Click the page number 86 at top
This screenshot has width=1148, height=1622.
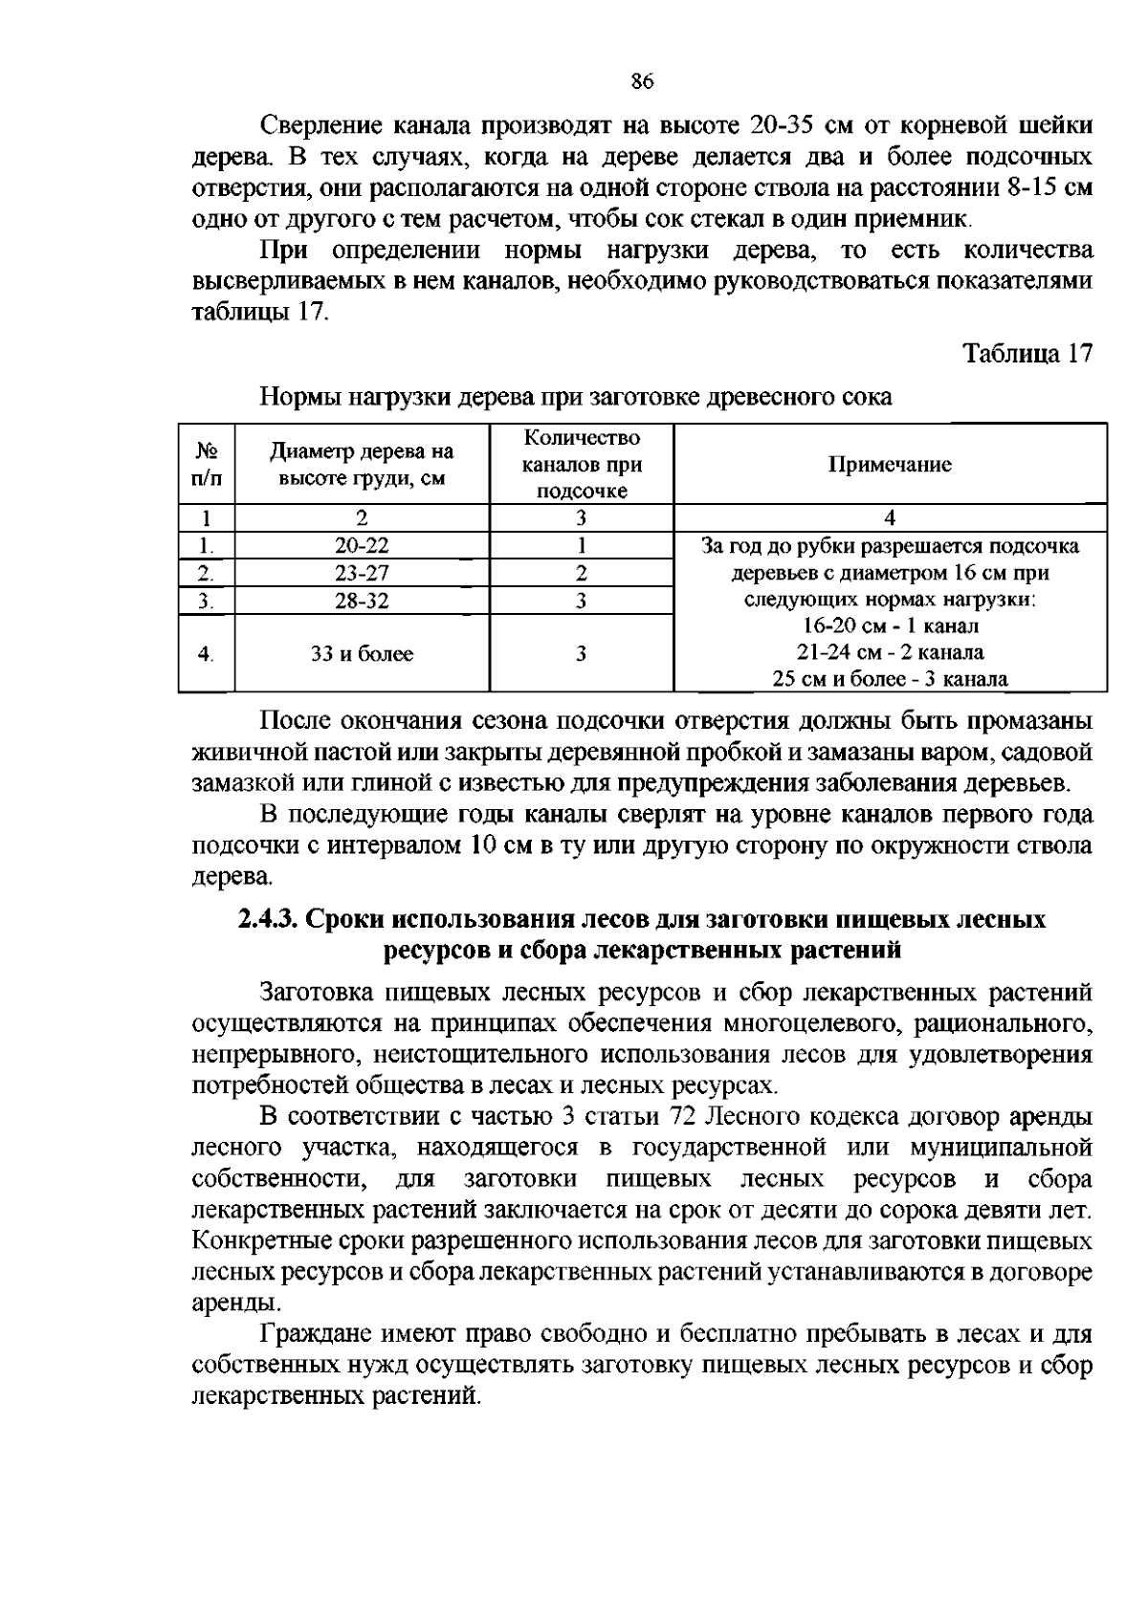[x=641, y=82]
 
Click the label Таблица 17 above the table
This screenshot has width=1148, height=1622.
[x=1027, y=353]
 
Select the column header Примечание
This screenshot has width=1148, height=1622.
[x=890, y=465]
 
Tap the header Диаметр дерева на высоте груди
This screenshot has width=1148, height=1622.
[x=362, y=465]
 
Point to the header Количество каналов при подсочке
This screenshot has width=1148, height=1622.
[x=581, y=465]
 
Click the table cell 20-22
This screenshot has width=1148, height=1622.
[x=362, y=546]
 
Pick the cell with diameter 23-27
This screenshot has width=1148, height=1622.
[x=362, y=574]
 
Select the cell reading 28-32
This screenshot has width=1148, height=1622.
[x=362, y=601]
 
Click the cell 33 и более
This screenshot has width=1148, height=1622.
[x=362, y=654]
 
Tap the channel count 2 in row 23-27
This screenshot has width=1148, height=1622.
[x=581, y=574]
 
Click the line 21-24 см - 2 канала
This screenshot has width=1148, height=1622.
[x=890, y=653]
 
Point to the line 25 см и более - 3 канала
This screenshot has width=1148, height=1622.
[x=890, y=680]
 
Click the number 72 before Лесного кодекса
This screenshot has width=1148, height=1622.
[x=676, y=1117]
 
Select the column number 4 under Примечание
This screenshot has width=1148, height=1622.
[x=890, y=518]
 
